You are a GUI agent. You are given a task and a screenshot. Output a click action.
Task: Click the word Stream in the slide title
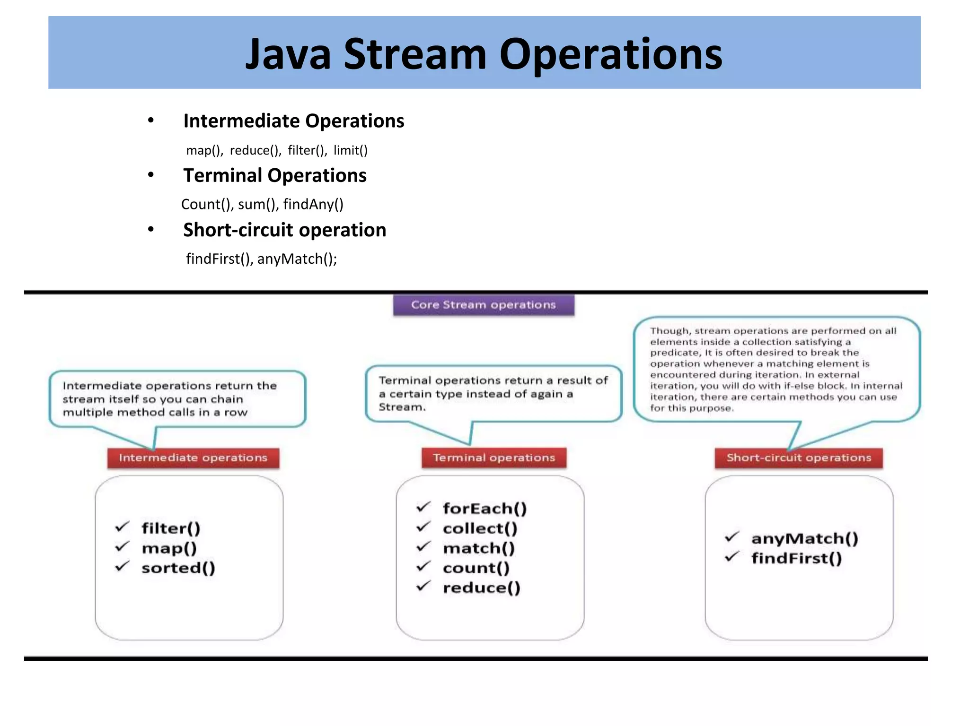click(415, 54)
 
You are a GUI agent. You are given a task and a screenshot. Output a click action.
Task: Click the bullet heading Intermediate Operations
click(293, 121)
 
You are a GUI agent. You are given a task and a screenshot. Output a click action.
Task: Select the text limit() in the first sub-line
click(350, 150)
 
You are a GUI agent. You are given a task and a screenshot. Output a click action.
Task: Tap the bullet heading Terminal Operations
click(274, 175)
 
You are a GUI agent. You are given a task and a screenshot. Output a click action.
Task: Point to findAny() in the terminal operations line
click(313, 204)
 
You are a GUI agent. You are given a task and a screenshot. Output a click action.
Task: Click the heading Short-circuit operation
click(284, 230)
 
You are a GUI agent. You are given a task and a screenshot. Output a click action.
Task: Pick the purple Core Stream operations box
click(483, 305)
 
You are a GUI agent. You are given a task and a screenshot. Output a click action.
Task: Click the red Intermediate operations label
click(193, 458)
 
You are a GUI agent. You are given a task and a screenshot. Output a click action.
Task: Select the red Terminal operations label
click(493, 458)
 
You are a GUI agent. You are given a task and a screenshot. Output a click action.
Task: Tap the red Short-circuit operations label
click(799, 458)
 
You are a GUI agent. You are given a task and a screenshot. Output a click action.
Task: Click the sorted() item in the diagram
click(178, 568)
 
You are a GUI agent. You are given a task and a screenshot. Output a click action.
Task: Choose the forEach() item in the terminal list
click(484, 509)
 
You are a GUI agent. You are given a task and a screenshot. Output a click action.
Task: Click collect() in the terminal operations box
click(480, 528)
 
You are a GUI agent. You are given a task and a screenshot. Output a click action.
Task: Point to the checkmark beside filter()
click(122, 527)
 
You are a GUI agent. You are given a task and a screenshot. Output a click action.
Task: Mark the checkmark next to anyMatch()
click(731, 537)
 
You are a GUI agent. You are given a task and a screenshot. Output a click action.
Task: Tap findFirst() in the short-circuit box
click(796, 558)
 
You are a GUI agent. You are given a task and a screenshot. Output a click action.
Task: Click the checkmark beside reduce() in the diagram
click(423, 586)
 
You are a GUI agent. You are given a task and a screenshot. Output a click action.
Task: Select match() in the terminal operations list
click(478, 548)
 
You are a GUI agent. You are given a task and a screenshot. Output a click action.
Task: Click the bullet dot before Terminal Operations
click(151, 175)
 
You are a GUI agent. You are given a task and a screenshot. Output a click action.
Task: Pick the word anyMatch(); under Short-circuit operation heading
click(297, 259)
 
